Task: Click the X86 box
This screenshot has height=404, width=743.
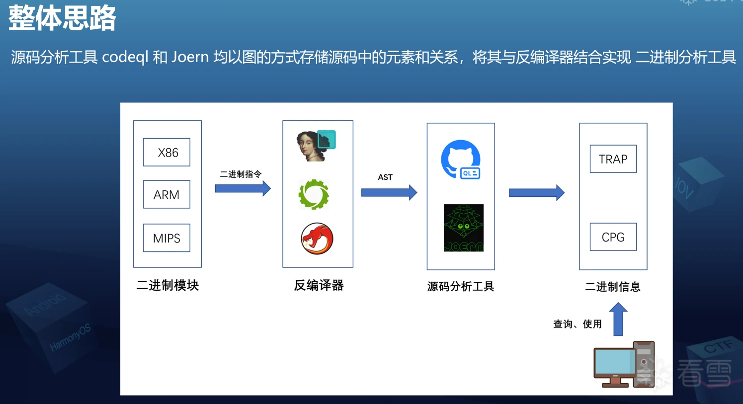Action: point(166,152)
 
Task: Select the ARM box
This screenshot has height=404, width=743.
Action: point(166,194)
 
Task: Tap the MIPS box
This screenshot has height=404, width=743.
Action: point(166,238)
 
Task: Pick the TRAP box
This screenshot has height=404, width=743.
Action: point(613,159)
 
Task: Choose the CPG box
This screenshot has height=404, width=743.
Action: point(613,237)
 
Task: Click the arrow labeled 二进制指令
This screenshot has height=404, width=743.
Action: point(243,188)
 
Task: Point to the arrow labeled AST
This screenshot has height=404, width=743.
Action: point(389,192)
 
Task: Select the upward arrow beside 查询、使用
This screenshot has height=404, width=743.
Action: point(618,319)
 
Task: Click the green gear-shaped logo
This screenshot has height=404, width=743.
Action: point(314,194)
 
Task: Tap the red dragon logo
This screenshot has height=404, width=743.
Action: point(317,239)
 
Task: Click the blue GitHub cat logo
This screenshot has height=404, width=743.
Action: point(461,160)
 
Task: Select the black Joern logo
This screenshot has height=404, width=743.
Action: point(463,228)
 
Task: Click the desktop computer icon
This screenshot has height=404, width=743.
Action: point(624,365)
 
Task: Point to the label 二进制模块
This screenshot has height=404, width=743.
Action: point(167,285)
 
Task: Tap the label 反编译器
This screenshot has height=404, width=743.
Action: point(319,285)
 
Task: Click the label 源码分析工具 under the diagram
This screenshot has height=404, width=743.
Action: point(461,287)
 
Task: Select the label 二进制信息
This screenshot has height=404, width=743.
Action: point(612,287)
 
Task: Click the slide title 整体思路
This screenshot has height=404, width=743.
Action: point(62,18)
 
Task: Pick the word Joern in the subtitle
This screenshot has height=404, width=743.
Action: point(190,58)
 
